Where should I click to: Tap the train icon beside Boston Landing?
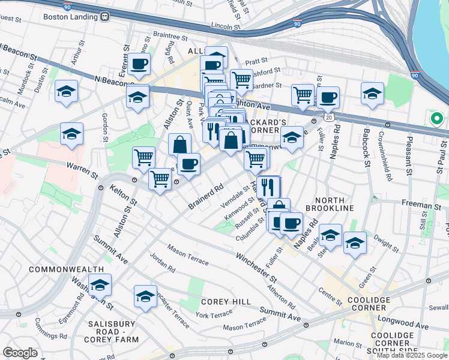104,16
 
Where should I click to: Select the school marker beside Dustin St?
67,92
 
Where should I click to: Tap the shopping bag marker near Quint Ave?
179,145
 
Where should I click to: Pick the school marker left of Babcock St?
372,94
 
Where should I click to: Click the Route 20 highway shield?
329,117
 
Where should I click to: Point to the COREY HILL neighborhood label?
221,301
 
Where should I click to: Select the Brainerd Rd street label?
205,196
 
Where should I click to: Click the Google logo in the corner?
20,352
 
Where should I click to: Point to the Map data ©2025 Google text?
411,355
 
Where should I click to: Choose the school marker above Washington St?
100,285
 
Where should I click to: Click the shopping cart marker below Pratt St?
241,79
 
